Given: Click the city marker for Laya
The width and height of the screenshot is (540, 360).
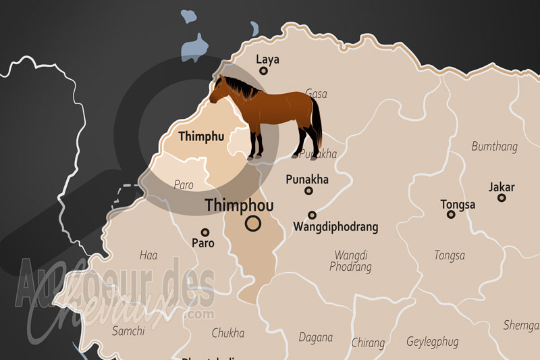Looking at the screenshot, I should coord(264,71).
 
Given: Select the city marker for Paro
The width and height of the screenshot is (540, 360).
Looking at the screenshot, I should coord(205,232).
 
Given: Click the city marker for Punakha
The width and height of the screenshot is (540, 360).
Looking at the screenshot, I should coord(308,190).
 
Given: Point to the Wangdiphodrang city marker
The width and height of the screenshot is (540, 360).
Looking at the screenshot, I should coord(312,215).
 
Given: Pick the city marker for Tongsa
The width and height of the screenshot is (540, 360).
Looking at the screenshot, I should coord(451,215).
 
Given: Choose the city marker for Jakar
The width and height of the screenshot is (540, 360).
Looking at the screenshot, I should coord(502,198).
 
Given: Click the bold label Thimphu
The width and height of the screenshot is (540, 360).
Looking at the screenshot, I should coord(201,136).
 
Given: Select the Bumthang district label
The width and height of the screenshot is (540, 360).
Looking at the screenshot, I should coord(495,147).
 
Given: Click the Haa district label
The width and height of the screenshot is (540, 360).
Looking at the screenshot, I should coord(148,255).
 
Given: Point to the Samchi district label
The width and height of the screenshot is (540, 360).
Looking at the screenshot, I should coord(128,331).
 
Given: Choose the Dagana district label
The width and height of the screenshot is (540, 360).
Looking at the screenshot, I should coord(315,337).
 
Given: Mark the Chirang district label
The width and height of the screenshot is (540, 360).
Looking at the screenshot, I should coord(368,342).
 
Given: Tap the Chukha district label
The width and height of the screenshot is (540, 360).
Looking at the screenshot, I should coord(228,333).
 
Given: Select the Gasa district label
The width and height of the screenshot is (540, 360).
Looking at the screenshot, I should coord(316,94).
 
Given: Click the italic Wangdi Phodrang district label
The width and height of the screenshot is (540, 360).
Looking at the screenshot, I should coord(350,261).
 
